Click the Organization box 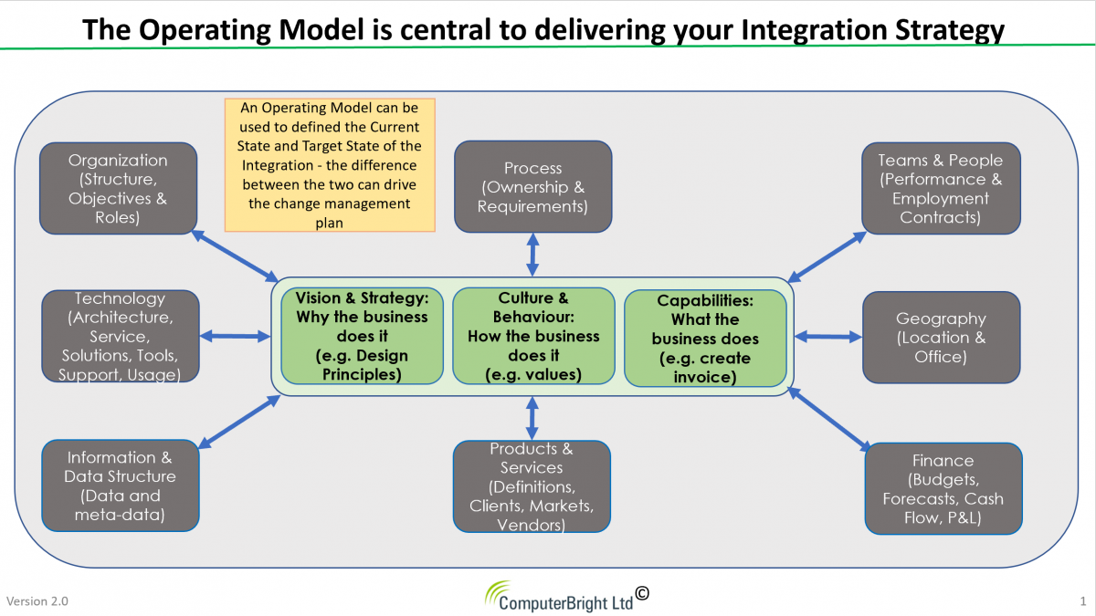[119, 189]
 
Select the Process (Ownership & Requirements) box [532, 187]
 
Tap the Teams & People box [941, 189]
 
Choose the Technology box [121, 337]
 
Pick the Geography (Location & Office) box [942, 338]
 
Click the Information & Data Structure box [121, 485]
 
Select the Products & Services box [532, 486]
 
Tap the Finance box [943, 489]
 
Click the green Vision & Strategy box [362, 336]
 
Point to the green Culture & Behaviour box [533, 336]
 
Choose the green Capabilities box [705, 339]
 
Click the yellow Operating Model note [330, 165]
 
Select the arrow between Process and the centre [532, 255]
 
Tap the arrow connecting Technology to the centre [236, 337]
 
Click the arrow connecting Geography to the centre [827, 337]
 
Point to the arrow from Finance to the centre [829, 419]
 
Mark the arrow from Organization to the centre [235, 256]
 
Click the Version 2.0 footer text [37, 600]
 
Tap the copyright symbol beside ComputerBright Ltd [642, 593]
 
